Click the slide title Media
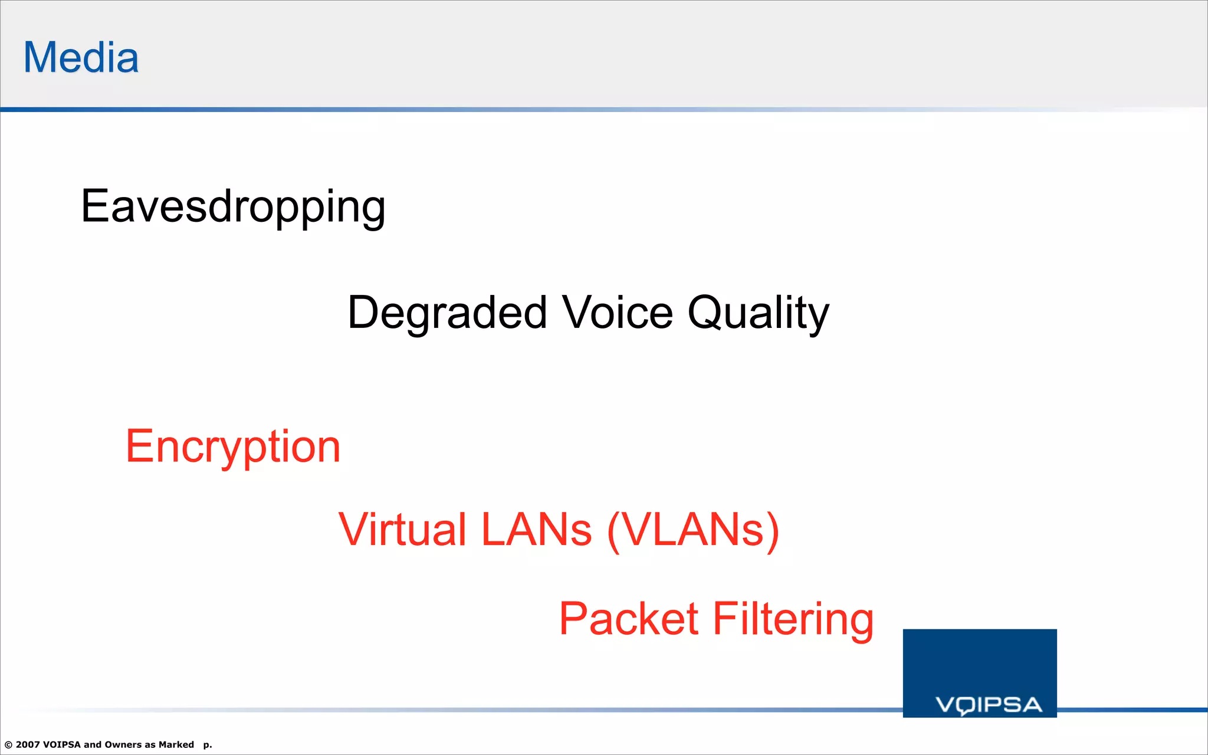tap(81, 58)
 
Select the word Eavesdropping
tap(233, 207)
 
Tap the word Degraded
tap(447, 313)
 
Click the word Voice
tap(617, 313)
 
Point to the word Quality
tap(759, 313)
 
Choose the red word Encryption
tap(233, 447)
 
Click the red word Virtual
tap(402, 529)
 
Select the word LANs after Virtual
tap(536, 529)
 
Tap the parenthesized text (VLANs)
tap(693, 529)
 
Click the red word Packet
tap(629, 619)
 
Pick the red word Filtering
tap(793, 619)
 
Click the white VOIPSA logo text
tap(989, 705)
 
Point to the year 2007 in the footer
tap(28, 744)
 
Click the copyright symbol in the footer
tap(8, 745)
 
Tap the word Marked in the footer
tap(176, 744)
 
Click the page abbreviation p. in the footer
tap(208, 745)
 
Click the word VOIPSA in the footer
tap(61, 744)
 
